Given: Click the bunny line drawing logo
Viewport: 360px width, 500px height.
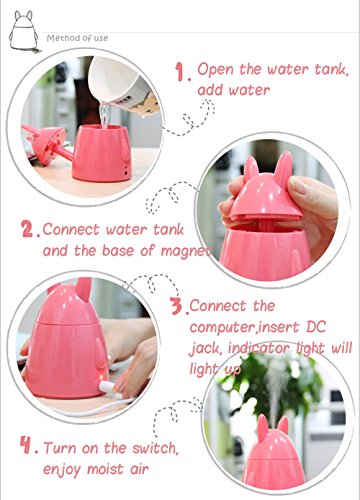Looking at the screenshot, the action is click(24, 32).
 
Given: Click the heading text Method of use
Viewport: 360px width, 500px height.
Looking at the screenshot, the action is click(77, 38).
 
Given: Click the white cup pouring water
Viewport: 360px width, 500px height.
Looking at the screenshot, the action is click(123, 86).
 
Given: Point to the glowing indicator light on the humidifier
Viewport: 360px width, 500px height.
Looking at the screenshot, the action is click(101, 378).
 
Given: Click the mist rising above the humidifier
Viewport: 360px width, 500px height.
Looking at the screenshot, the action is click(276, 387).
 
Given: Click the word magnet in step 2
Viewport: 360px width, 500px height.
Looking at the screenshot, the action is click(186, 252).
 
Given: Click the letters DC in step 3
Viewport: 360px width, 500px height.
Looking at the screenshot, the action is click(316, 327).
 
